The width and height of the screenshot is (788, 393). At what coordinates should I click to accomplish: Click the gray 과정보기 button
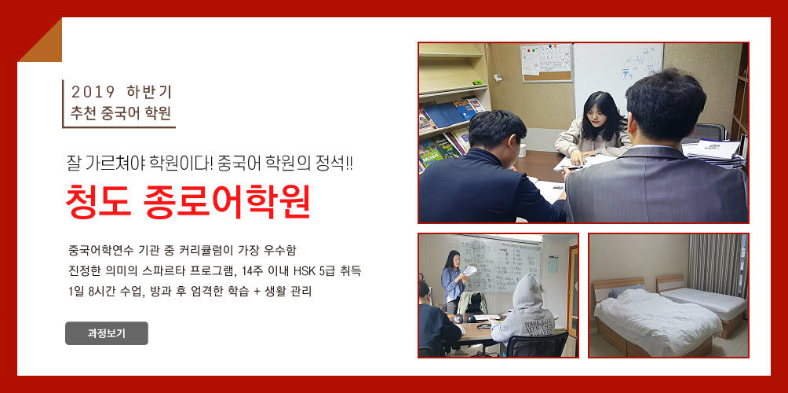click(x=107, y=333)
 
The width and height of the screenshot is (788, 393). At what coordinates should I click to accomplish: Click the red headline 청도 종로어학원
click(x=188, y=202)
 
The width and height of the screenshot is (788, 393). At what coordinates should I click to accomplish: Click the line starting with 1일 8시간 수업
click(x=190, y=292)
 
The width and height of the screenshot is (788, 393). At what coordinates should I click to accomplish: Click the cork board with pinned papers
click(x=546, y=62)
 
